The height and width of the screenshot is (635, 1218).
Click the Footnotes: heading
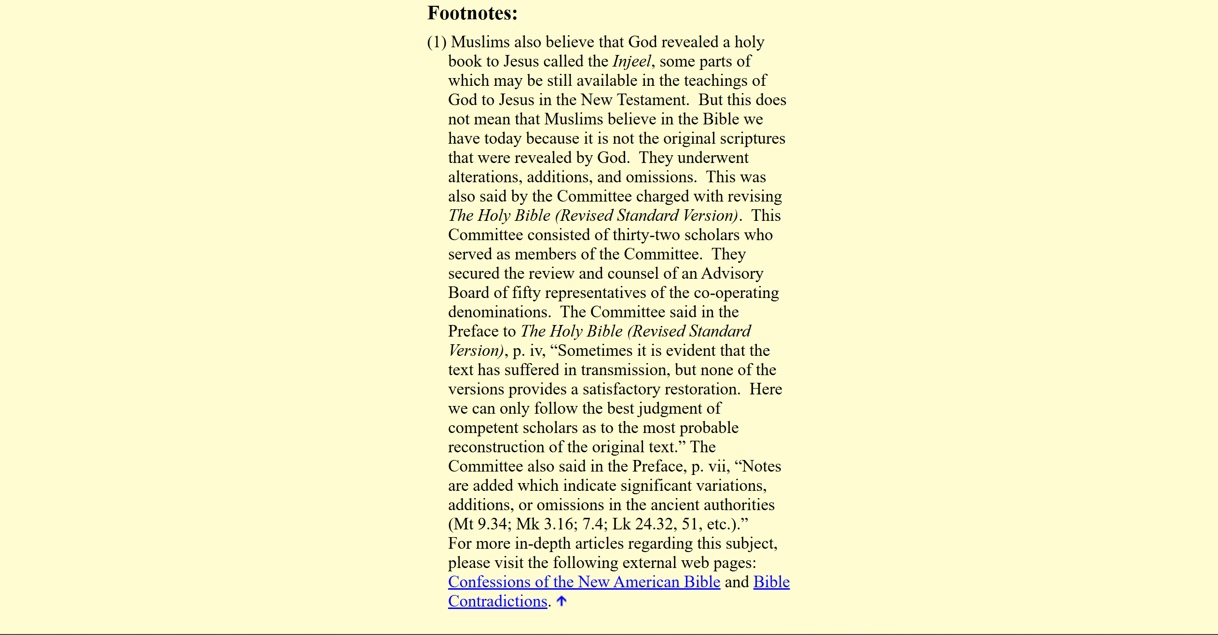[472, 13]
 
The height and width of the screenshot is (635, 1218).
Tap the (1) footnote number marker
[437, 42]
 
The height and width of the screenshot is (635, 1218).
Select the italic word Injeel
[632, 61]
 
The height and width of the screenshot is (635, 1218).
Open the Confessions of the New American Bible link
[584, 582]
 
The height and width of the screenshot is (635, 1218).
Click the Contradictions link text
[497, 601]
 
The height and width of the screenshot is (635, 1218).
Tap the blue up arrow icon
[561, 601]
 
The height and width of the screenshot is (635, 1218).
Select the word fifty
[526, 293]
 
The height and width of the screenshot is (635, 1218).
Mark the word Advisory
[732, 273]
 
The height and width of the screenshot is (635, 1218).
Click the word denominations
[499, 312]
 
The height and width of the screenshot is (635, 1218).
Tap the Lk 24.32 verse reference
[643, 524]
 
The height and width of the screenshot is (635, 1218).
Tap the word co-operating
[736, 293]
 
